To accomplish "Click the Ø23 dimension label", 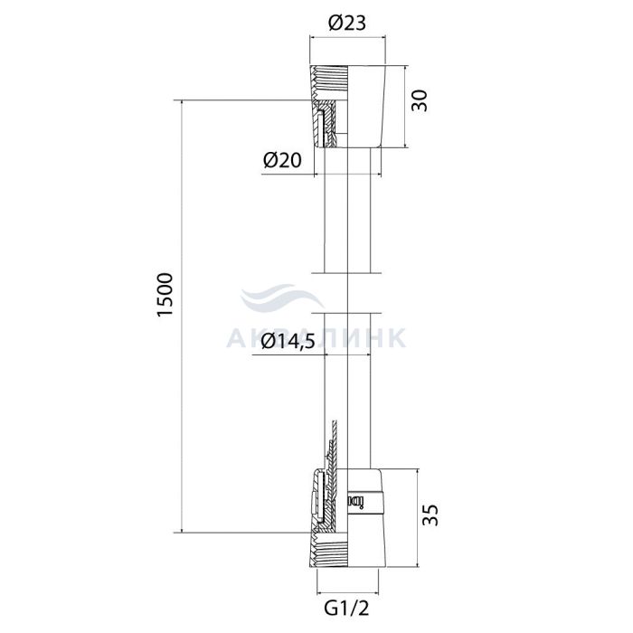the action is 346,24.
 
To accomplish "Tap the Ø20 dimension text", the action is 282,161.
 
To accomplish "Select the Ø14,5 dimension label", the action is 288,343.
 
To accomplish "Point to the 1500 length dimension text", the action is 165,295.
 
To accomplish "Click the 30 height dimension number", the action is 419,100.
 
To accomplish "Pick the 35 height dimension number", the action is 430,515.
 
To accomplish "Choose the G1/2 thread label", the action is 346,608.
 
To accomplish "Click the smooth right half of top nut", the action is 365,107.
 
